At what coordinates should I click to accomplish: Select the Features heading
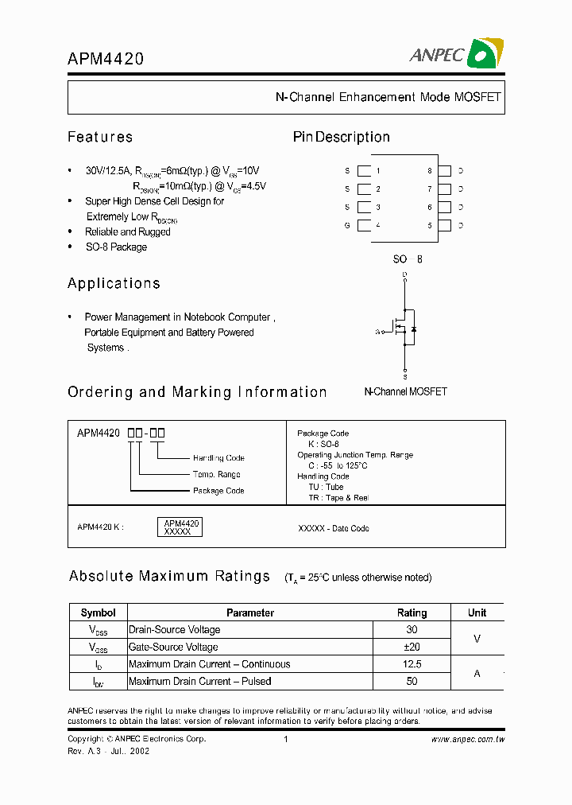[x=100, y=137]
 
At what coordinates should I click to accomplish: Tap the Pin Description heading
[x=341, y=137]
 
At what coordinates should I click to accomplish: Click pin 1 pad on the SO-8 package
[x=365, y=171]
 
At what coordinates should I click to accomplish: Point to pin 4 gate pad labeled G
[x=365, y=226]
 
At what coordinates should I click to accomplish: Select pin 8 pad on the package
[x=444, y=171]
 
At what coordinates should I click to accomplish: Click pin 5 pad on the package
[x=444, y=226]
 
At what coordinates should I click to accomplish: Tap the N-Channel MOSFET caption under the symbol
[x=405, y=391]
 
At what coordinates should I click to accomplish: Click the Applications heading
[x=114, y=283]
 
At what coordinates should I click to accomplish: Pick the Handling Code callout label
[x=218, y=458]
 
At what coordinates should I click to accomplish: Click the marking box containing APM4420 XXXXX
[x=182, y=527]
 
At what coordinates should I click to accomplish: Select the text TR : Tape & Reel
[x=338, y=497]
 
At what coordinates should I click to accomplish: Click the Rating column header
[x=412, y=612]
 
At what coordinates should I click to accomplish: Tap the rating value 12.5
[x=412, y=664]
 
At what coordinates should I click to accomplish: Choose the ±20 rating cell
[x=412, y=647]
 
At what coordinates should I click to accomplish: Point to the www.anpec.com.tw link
[x=468, y=739]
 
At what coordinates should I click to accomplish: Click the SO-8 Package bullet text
[x=116, y=247]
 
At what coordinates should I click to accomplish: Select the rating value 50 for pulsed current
[x=412, y=682]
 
